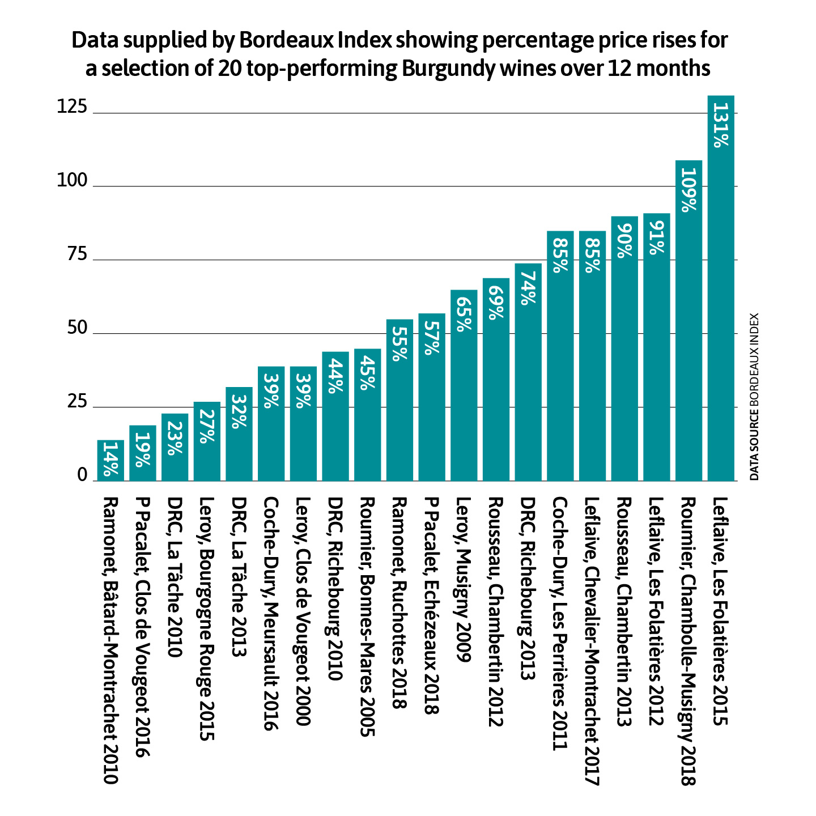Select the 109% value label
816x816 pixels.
688,190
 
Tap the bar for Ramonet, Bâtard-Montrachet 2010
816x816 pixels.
110,460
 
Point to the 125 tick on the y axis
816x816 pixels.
72,108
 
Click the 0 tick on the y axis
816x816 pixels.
83,475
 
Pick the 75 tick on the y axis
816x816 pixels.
78,254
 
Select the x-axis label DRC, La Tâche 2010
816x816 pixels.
175,577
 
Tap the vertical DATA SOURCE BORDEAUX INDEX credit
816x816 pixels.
754,397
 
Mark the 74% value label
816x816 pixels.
528,288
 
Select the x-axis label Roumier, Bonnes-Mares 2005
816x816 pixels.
367,617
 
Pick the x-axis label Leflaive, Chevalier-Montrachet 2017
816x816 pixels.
592,641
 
